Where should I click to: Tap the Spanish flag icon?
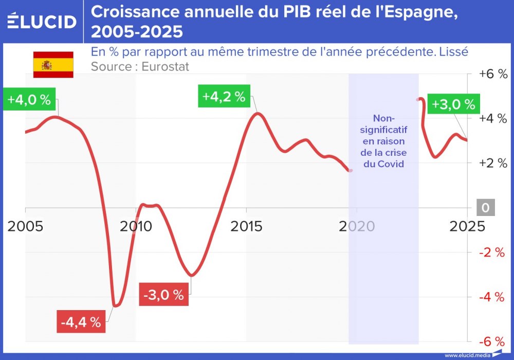(53, 65)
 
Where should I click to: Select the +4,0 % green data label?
(29, 100)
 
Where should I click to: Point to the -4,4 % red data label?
(81, 322)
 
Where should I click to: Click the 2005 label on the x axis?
(25, 226)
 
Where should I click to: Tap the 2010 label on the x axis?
(136, 226)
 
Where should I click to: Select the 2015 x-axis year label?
(246, 226)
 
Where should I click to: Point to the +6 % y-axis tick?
(493, 74)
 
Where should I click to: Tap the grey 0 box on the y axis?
(486, 208)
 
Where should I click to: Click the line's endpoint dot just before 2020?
(351, 170)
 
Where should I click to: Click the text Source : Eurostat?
(140, 66)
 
